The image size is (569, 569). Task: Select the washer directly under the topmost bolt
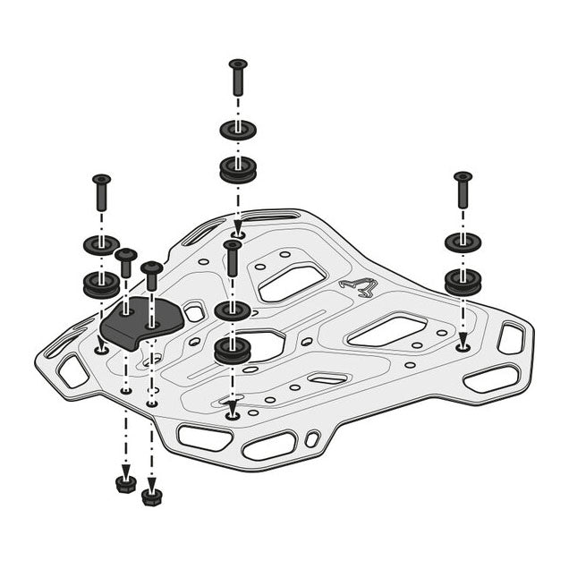pyautogui.click(x=237, y=130)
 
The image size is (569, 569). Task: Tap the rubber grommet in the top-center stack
pyautogui.click(x=237, y=169)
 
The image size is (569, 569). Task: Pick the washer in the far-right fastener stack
pyautogui.click(x=463, y=242)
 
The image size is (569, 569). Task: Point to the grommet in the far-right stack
pyautogui.click(x=463, y=281)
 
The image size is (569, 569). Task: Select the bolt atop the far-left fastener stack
pyautogui.click(x=101, y=191)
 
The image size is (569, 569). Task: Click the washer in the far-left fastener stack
pyautogui.click(x=101, y=244)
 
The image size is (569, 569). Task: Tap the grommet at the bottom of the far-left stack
pyautogui.click(x=101, y=284)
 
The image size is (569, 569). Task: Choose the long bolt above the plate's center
pyautogui.click(x=233, y=259)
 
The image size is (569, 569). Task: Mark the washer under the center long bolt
pyautogui.click(x=232, y=310)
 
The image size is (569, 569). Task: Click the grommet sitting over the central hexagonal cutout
pyautogui.click(x=232, y=350)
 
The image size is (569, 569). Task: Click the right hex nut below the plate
pyautogui.click(x=152, y=495)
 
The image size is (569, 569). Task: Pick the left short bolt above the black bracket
pyautogui.click(x=126, y=266)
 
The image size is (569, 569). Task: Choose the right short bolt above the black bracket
pyautogui.click(x=152, y=278)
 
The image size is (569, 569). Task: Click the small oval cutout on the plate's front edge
pyautogui.click(x=311, y=438)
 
